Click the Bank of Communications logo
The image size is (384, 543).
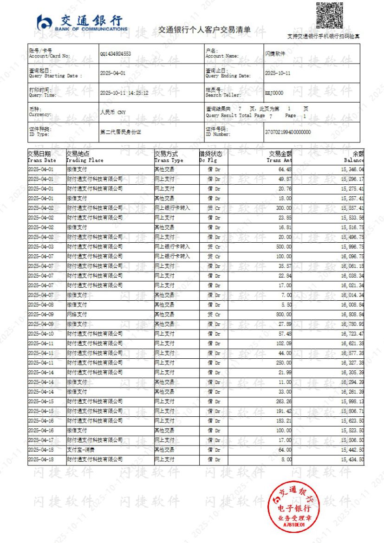(82, 23)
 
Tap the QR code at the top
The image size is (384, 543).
(329, 16)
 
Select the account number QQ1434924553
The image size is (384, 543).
(116, 54)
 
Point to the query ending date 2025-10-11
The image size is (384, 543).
(278, 73)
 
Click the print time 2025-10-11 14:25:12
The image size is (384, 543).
(124, 93)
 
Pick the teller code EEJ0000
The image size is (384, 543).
(274, 93)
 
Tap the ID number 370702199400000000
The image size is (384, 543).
(288, 132)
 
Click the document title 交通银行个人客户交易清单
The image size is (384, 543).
(204, 30)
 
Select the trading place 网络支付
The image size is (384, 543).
(77, 314)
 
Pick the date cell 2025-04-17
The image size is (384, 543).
(41, 440)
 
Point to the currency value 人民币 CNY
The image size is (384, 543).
(113, 112)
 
